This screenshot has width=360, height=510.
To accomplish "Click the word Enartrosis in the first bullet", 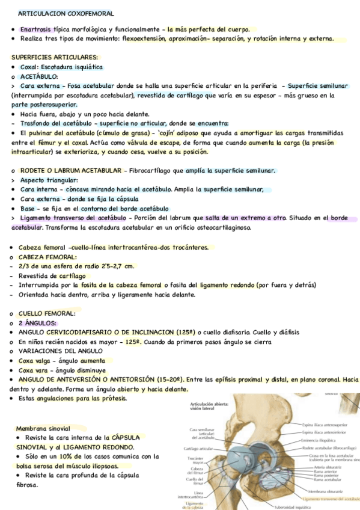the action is (36, 29).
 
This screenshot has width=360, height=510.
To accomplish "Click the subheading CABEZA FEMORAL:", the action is (47, 257).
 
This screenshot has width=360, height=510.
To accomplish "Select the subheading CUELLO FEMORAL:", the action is (47, 313).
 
